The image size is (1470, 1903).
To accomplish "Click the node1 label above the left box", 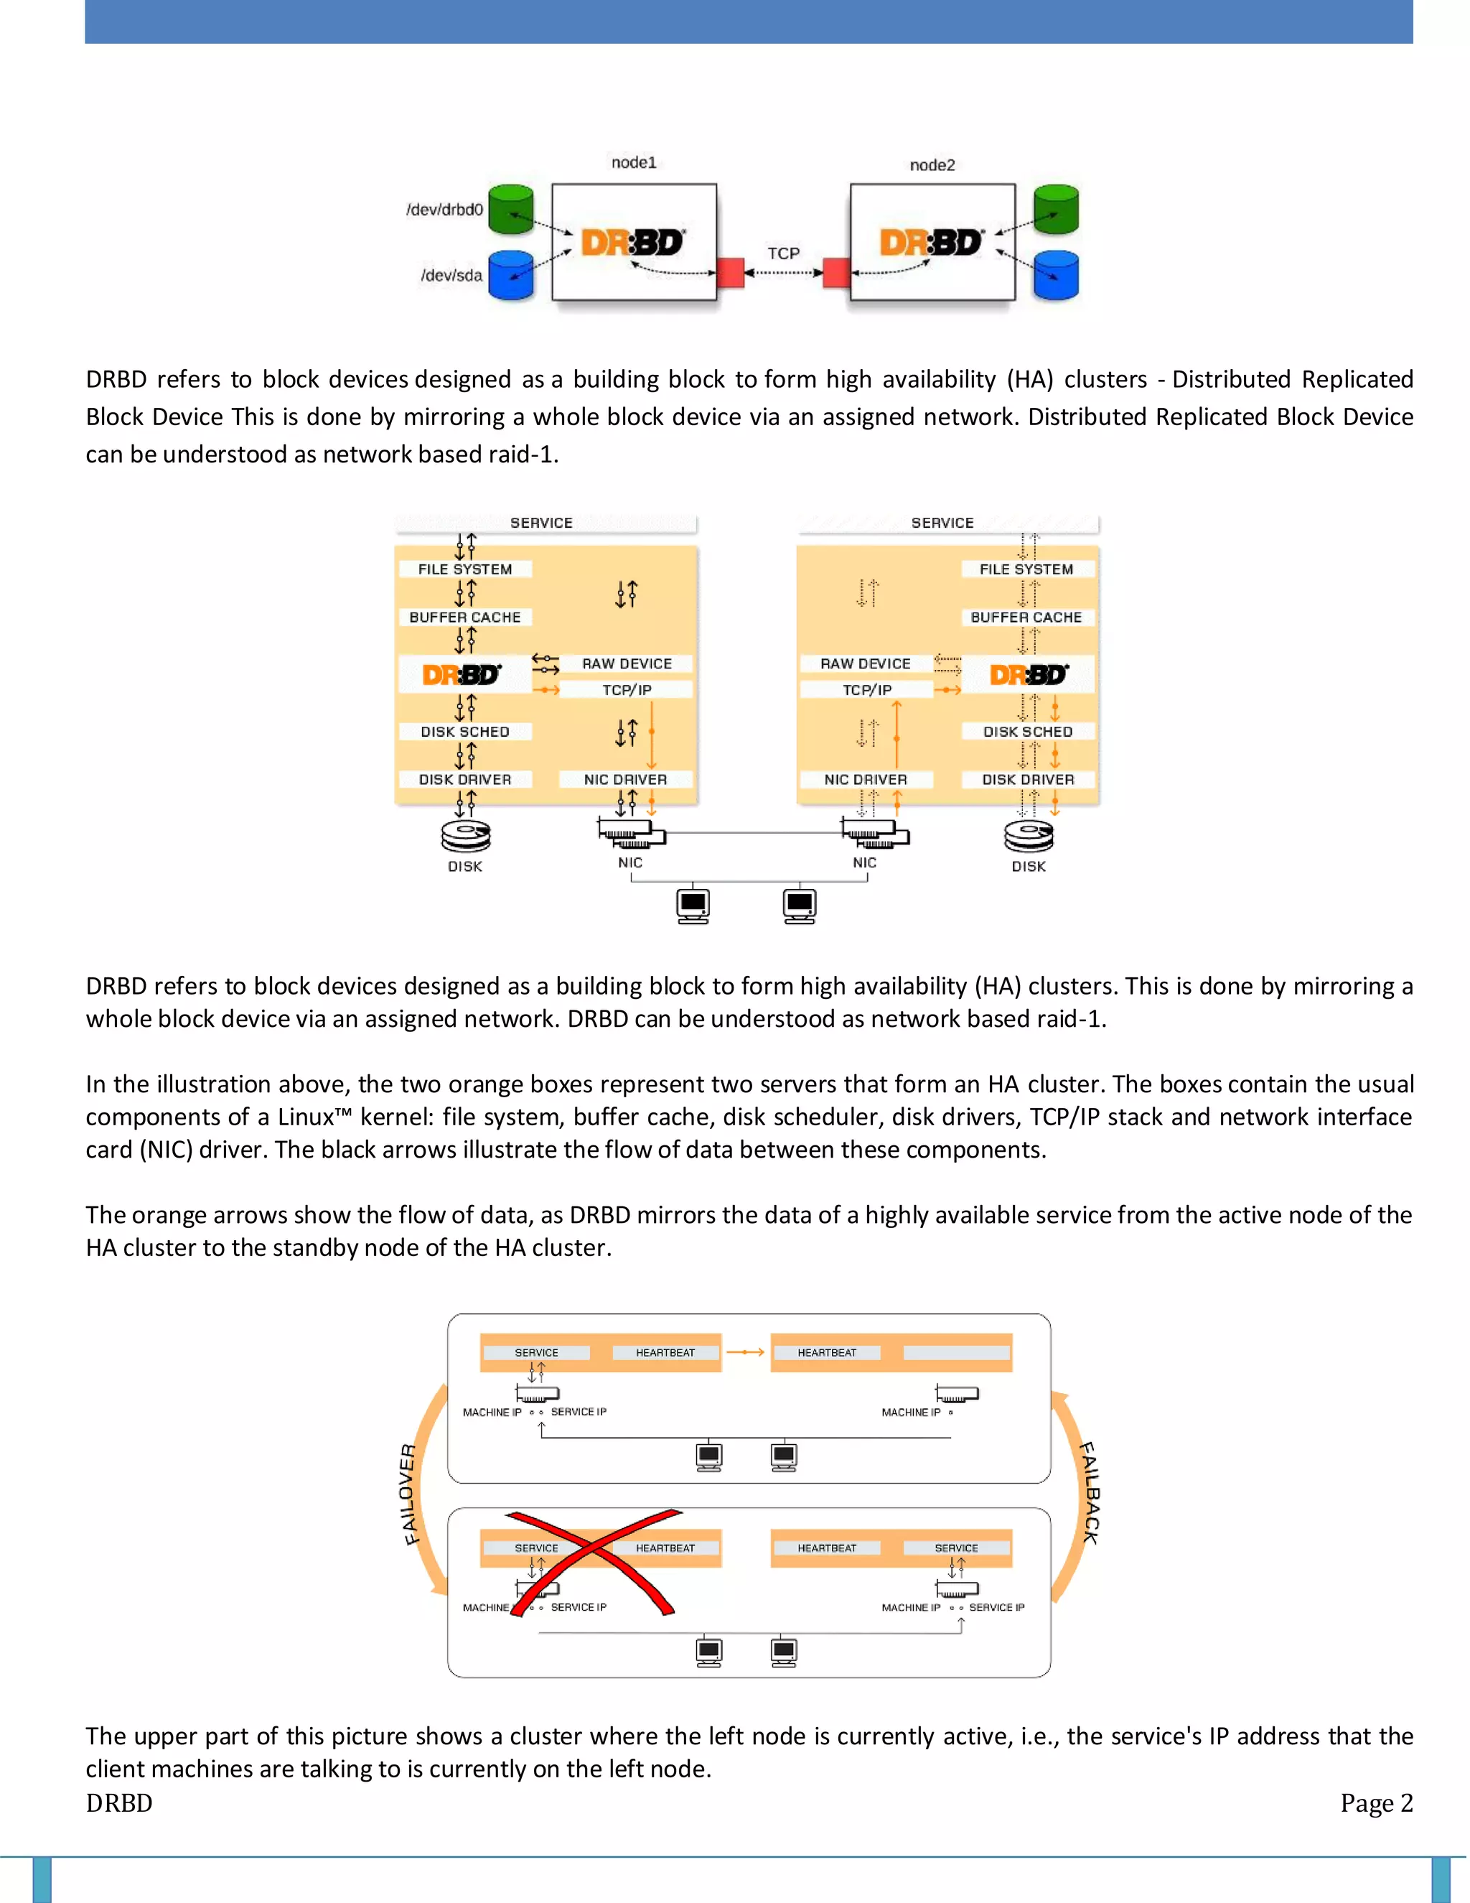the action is (633, 162).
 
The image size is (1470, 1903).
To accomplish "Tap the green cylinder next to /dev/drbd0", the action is (511, 209).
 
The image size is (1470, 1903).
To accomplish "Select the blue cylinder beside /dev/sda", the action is (511, 275).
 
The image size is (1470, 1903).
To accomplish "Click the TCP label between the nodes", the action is (783, 253).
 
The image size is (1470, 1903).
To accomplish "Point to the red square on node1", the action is (730, 273).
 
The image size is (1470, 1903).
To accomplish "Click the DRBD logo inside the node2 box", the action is (930, 243).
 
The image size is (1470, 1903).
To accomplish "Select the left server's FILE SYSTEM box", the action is (464, 569).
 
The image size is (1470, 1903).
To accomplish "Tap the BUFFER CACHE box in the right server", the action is (1026, 617).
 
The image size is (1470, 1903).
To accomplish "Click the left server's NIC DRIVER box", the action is (625, 779).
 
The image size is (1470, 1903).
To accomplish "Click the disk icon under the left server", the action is (465, 837).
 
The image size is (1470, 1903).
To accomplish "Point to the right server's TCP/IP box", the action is (866, 690).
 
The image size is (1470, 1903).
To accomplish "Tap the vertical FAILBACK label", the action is (1089, 1494).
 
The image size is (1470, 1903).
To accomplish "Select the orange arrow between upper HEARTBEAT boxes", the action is (746, 1352).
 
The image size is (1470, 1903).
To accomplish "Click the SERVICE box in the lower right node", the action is (955, 1548).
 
